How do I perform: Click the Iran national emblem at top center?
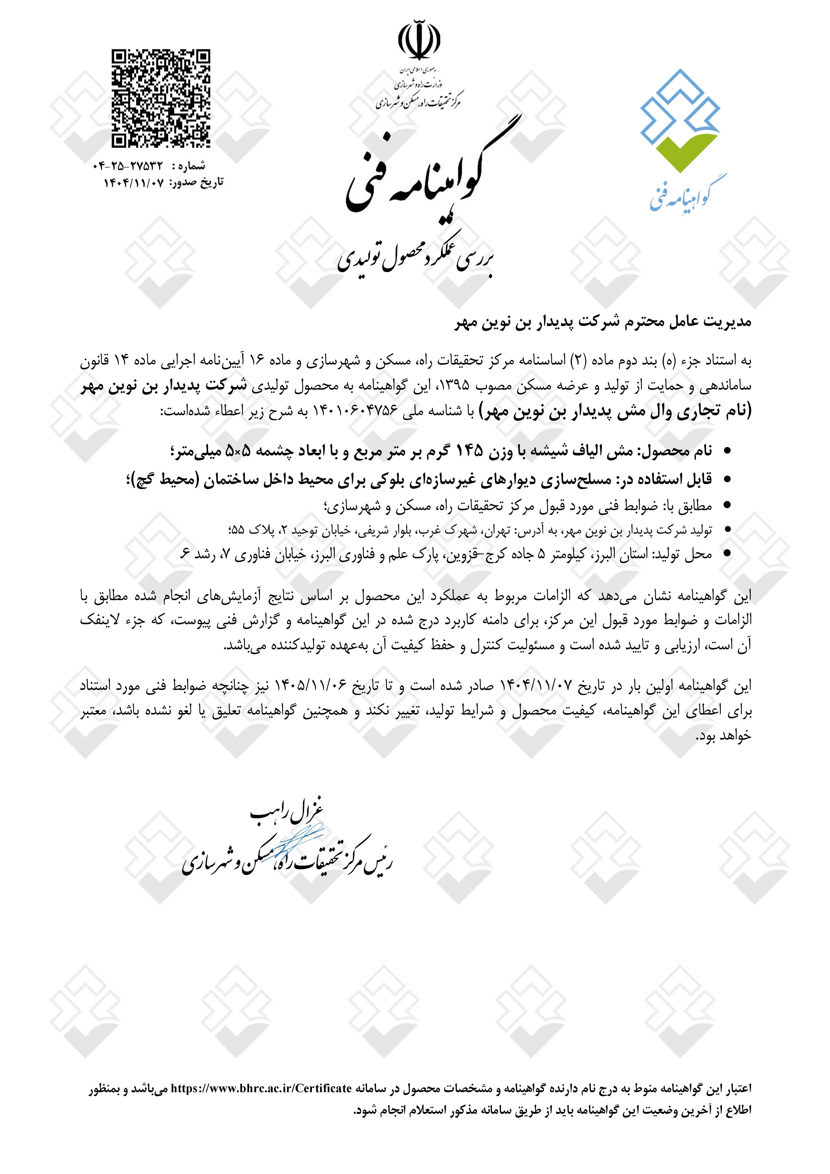coord(419,40)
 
